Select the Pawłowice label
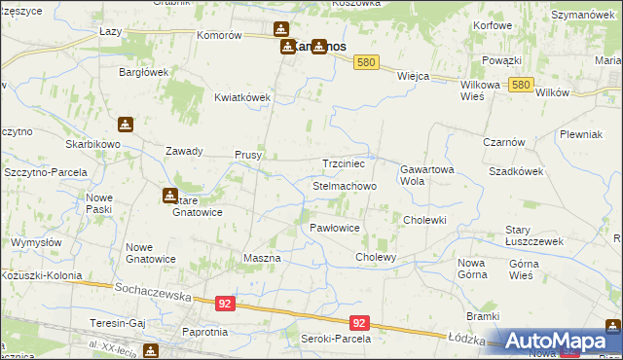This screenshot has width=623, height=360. (335, 228)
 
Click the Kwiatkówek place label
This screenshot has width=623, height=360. (242, 97)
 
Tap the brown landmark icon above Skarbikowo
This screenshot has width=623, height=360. (125, 125)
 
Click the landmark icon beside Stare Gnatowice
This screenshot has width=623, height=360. (169, 196)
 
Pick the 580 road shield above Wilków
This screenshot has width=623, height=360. (520, 86)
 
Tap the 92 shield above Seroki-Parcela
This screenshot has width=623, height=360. (359, 323)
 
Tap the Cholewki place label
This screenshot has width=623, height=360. (424, 220)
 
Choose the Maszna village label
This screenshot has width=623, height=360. (261, 258)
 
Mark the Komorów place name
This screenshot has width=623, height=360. (219, 35)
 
